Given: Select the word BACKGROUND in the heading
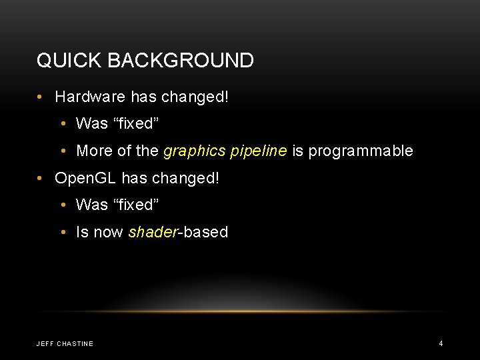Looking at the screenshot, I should coord(179,61).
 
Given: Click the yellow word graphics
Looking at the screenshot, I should coord(191,151).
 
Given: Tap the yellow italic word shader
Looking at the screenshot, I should coord(153,232).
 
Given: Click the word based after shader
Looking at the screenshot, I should coord(206,232).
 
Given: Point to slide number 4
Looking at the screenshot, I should coord(441,343).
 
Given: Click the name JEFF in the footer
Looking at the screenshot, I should coord(45,344).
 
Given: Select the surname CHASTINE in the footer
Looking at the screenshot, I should coord(75,344).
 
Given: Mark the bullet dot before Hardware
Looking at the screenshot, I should coord(41,97).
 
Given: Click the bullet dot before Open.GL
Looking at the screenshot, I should coord(41,179).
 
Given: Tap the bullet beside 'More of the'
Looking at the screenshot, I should coord(63,151).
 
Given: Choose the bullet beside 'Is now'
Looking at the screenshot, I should coord(63,233).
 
